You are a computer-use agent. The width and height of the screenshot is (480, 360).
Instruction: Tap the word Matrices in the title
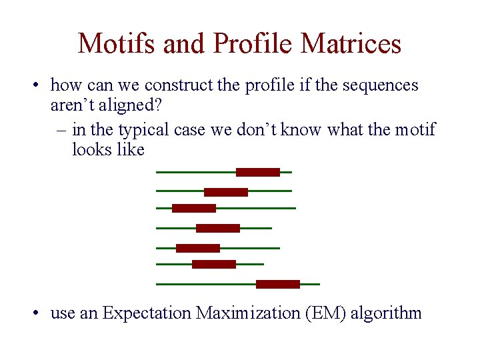[351, 44]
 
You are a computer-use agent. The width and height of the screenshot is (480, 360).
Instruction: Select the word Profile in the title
[254, 44]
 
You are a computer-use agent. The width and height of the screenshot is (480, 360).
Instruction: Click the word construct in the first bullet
[176, 85]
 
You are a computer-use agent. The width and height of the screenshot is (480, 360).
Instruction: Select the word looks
[92, 150]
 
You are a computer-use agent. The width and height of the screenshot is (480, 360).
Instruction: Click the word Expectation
[147, 313]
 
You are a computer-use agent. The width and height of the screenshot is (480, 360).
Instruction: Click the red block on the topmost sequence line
[257, 172]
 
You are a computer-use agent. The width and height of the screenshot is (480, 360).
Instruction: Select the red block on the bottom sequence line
[277, 284]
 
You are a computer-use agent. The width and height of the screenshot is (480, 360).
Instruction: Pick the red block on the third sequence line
[193, 208]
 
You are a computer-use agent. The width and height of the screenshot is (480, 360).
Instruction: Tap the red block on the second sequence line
[225, 192]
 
